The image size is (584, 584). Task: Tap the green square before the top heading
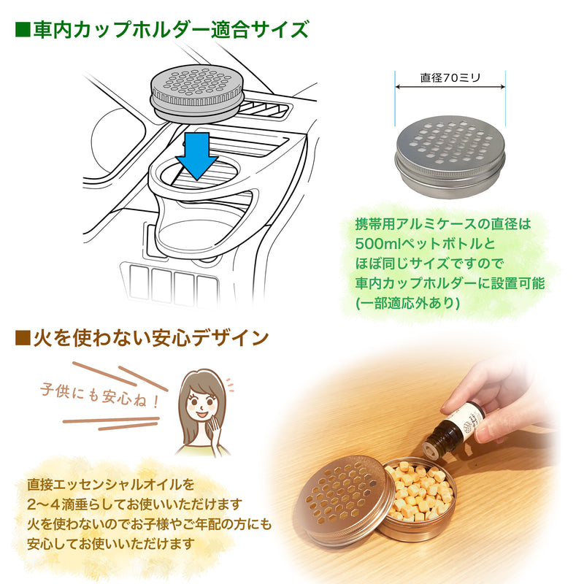[22, 30]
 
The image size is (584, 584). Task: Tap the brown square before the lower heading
[22, 338]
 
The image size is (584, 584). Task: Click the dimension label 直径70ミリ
[450, 77]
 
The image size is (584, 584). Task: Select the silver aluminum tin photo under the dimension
[450, 156]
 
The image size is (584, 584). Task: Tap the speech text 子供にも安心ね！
[100, 396]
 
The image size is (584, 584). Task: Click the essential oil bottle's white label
[466, 421]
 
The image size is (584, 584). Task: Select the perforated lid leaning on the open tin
[343, 499]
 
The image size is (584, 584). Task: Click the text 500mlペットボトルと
[426, 244]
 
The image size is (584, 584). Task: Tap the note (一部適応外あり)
[408, 303]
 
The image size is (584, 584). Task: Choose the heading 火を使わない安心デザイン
[151, 338]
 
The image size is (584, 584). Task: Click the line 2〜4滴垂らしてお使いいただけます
[134, 504]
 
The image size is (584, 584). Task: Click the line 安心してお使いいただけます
[111, 544]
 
